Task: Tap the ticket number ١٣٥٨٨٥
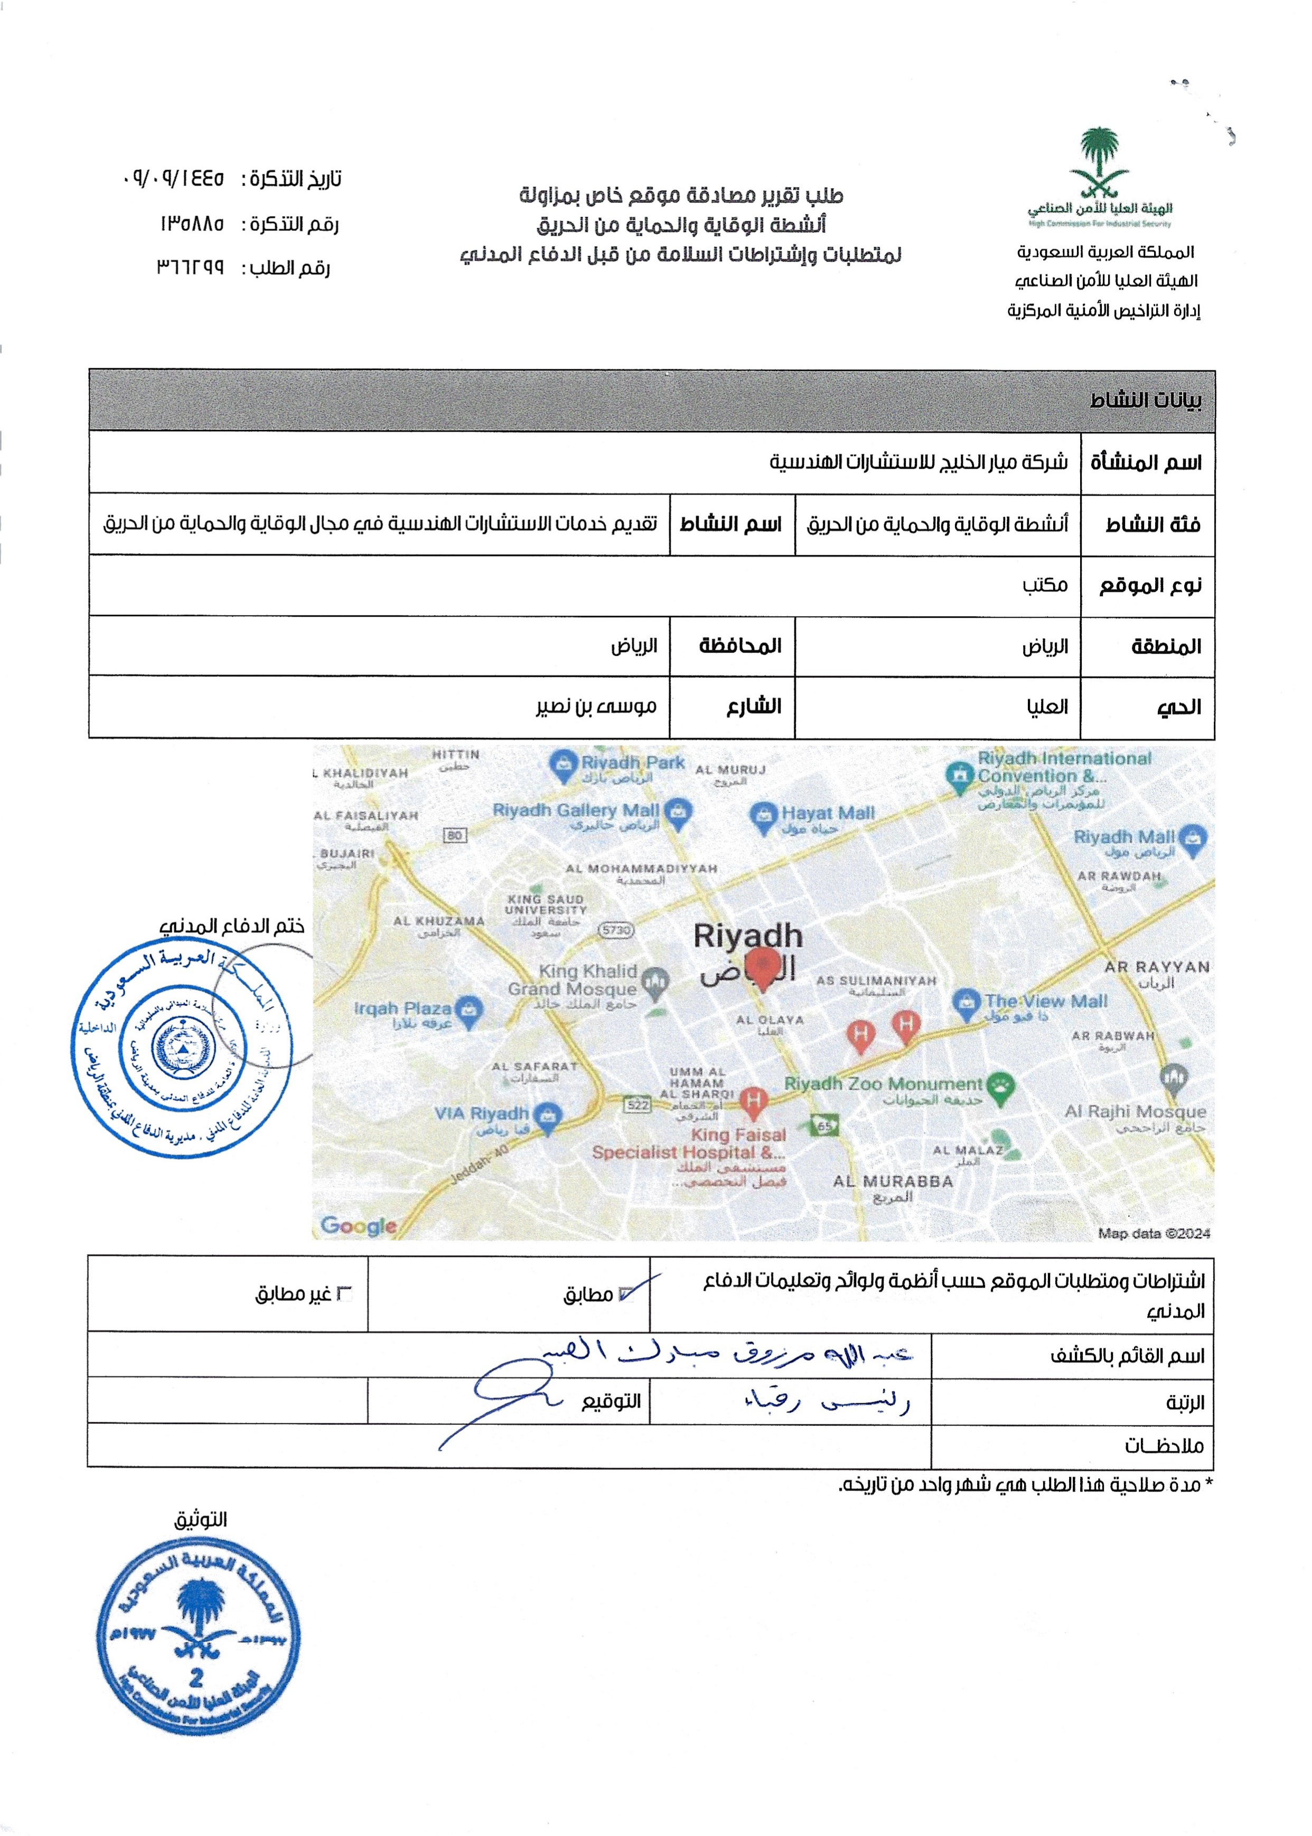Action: pos(192,224)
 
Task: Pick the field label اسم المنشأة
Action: pos(1146,463)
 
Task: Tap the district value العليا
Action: pos(1047,707)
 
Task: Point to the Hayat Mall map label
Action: pos(826,814)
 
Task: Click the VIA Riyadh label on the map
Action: pos(482,1114)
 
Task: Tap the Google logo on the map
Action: pos(359,1226)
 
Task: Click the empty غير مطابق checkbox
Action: pos(344,1294)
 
